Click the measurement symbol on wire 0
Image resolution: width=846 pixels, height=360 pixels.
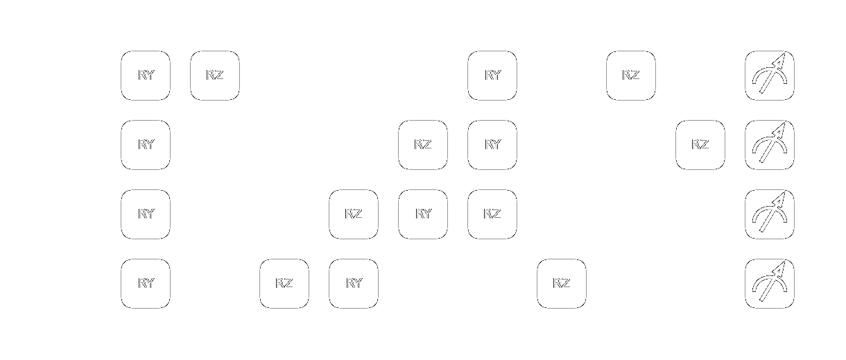(770, 76)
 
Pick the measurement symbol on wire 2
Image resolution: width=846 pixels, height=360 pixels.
(770, 214)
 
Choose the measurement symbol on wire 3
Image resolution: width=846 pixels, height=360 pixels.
(770, 284)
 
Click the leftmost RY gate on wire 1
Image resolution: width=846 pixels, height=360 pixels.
(146, 145)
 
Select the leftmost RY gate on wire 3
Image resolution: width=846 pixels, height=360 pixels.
(146, 284)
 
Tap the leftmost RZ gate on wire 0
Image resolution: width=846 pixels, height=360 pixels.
(215, 76)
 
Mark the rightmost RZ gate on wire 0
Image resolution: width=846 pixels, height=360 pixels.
(631, 76)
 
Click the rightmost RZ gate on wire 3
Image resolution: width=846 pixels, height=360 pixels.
(562, 284)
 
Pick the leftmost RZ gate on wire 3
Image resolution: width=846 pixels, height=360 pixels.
(284, 284)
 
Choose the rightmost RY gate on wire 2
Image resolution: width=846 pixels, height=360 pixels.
(423, 214)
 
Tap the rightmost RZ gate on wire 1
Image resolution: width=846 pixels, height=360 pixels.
(700, 145)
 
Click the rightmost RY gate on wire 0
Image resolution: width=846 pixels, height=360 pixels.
(492, 76)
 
